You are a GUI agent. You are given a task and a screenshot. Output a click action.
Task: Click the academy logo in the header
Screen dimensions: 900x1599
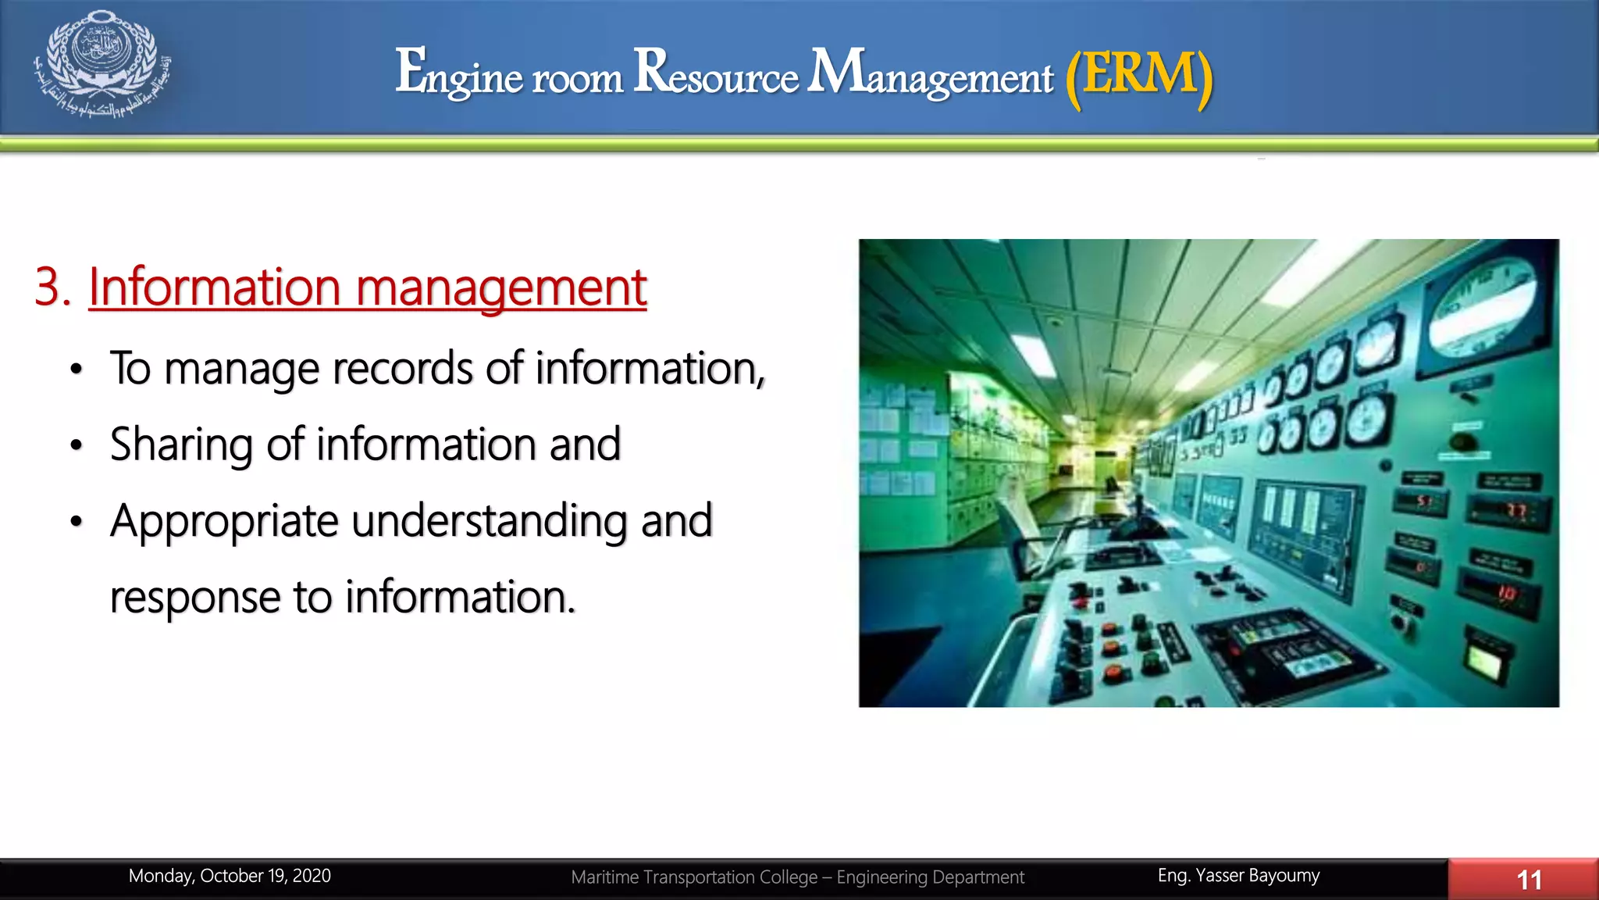coord(101,64)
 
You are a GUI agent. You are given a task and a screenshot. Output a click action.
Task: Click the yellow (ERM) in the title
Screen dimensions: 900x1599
coord(1139,75)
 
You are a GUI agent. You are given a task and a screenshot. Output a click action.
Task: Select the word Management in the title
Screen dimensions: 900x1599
coord(930,73)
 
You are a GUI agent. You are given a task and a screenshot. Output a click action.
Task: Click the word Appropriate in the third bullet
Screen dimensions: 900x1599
coord(225,521)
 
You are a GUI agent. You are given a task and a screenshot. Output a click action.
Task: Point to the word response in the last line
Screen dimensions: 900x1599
coord(195,598)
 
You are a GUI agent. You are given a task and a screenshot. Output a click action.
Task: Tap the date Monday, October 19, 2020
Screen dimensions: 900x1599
coord(230,876)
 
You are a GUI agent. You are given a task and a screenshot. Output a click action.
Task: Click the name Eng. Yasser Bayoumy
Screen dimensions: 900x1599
coord(1238,876)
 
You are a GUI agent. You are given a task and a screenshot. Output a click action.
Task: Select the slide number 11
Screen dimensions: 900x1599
coord(1529,880)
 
